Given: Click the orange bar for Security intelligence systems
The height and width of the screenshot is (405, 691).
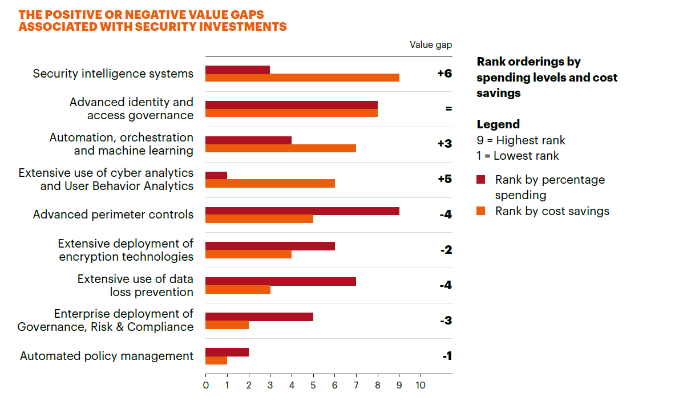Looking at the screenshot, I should click(302, 78).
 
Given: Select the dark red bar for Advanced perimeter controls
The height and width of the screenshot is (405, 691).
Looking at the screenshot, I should click(302, 210).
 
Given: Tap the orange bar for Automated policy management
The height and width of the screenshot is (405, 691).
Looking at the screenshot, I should click(216, 361).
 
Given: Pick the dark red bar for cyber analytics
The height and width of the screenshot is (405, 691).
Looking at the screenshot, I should click(216, 175).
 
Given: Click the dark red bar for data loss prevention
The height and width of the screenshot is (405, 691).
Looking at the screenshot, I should click(281, 281).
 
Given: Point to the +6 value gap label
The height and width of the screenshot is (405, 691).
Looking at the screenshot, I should click(444, 74).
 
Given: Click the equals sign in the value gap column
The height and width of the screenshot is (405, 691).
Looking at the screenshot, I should click(448, 108).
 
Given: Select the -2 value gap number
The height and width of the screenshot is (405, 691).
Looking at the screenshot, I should click(446, 250).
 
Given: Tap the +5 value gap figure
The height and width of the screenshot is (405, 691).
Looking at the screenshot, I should click(444, 179).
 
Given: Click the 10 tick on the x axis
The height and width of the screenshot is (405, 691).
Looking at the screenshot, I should click(420, 385).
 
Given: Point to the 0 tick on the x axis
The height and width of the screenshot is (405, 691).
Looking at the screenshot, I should click(206, 385).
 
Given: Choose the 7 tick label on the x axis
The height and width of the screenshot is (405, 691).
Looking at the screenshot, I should click(356, 385).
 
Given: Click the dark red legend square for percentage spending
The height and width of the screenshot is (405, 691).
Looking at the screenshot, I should click(481, 180).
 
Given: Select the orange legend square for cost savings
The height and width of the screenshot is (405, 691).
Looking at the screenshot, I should click(481, 212).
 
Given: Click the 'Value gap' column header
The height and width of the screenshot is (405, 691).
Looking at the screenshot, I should click(431, 45).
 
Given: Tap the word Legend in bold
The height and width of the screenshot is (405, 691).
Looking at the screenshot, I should click(498, 124).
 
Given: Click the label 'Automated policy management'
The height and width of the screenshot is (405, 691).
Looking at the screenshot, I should click(107, 356).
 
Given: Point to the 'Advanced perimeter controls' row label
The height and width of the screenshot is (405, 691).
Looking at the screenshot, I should click(113, 214).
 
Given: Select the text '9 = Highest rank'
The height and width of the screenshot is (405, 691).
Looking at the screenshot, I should click(521, 140).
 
